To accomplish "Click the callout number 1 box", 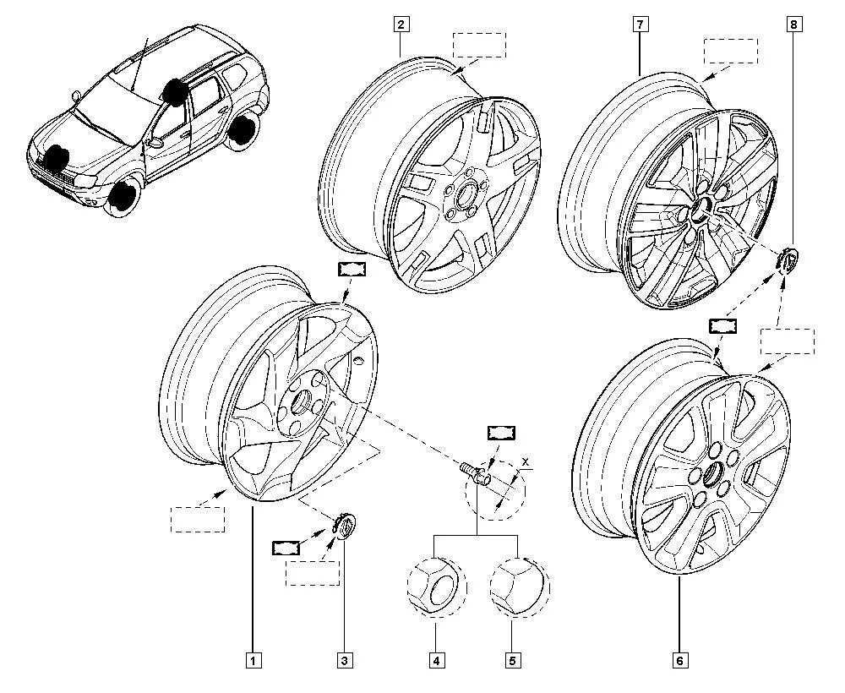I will pos(252,660).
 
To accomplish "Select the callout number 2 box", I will pos(401,24).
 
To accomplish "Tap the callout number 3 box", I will pos(345,660).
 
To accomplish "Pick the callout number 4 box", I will pos(436,660).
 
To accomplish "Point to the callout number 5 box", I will pos(512,660).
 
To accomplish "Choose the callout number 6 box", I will pos(679,660).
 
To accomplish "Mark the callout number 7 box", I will pos(640,25).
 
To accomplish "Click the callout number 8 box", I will pos(793,25).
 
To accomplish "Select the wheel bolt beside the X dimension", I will pos(474,472).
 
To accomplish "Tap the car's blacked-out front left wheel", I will pos(124,196).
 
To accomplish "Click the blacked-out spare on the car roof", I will pos(175,91).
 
